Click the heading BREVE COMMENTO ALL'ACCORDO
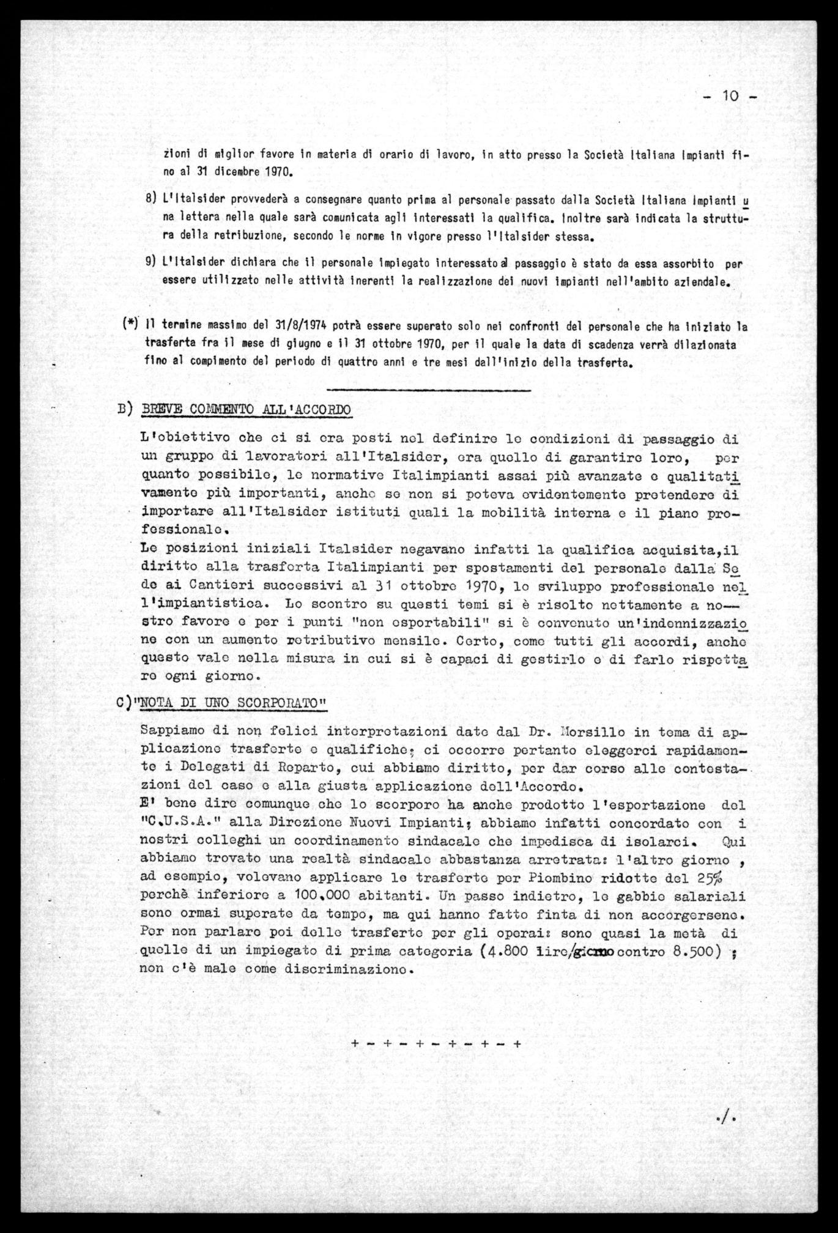[x=245, y=409]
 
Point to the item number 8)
[x=152, y=199]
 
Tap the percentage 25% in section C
[x=708, y=879]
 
